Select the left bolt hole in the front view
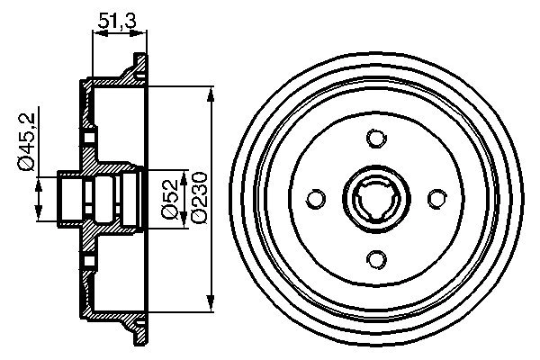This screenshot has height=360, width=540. pyautogui.click(x=316, y=198)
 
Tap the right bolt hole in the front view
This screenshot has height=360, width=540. pyautogui.click(x=436, y=198)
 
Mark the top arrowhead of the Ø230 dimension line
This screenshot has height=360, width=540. pyautogui.click(x=211, y=93)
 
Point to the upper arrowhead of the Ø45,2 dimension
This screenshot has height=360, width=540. pyautogui.click(x=38, y=180)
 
